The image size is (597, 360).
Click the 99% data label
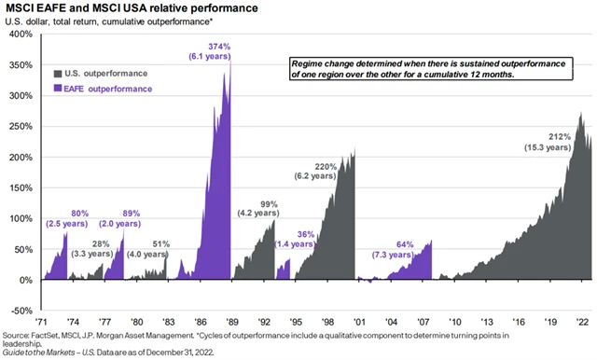click(270, 203)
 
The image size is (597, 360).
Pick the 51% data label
click(160, 243)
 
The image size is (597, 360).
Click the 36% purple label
click(306, 233)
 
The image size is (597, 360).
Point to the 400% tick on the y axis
click(20, 35)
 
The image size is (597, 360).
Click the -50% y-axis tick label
click(21, 311)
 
